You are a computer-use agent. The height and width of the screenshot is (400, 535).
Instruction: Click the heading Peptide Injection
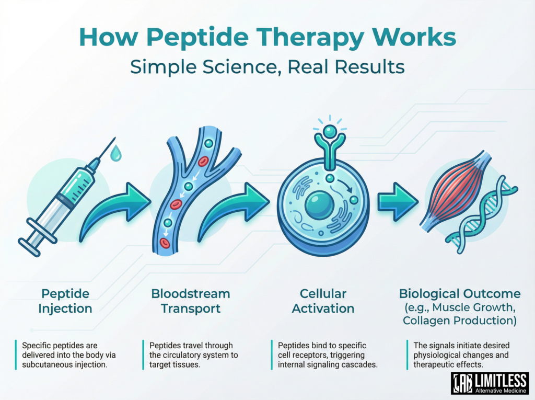click(65, 301)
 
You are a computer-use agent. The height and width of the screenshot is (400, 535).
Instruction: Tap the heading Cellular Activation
click(323, 301)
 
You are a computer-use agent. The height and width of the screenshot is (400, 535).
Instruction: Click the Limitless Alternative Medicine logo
click(490, 383)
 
